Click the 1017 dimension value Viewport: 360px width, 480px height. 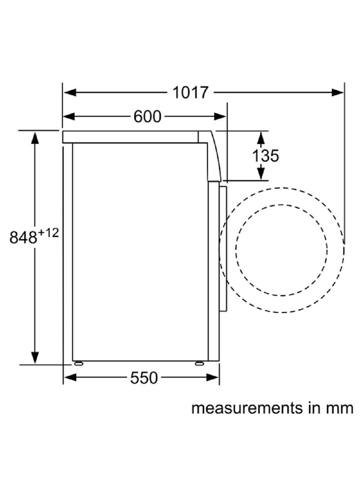[190, 93]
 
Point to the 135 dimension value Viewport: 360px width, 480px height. [265, 156]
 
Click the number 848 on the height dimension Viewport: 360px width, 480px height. [23, 237]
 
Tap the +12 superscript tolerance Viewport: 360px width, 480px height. [48, 233]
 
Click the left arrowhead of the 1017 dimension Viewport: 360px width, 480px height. [70, 92]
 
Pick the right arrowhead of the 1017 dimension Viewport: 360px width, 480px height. [337, 92]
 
